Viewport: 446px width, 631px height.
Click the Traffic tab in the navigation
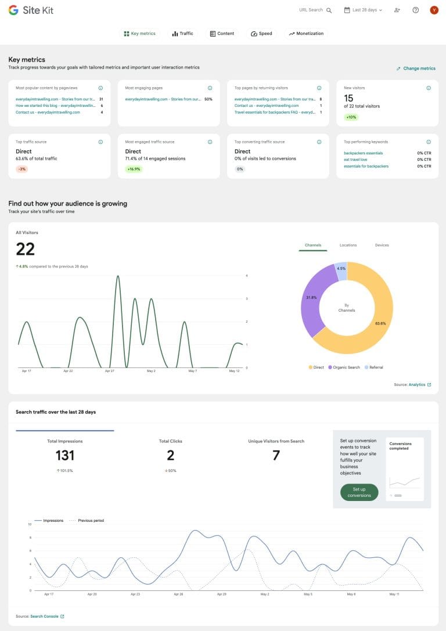[182, 34]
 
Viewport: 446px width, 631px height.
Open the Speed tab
[261, 34]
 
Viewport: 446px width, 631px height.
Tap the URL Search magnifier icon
[329, 10]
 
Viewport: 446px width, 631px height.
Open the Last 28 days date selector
[364, 10]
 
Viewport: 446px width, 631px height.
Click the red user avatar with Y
[434, 10]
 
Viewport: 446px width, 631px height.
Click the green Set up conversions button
[359, 492]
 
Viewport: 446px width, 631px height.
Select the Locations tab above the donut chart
[348, 245]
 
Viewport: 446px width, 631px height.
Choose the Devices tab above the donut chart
[382, 245]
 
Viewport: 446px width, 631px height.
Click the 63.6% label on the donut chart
[380, 323]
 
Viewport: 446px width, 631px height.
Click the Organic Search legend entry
[344, 367]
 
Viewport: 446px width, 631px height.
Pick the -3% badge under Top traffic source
[23, 169]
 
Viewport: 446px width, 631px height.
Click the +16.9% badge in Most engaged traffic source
[134, 169]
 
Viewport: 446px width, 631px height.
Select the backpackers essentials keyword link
[363, 153]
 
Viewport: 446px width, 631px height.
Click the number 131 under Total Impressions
[65, 456]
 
